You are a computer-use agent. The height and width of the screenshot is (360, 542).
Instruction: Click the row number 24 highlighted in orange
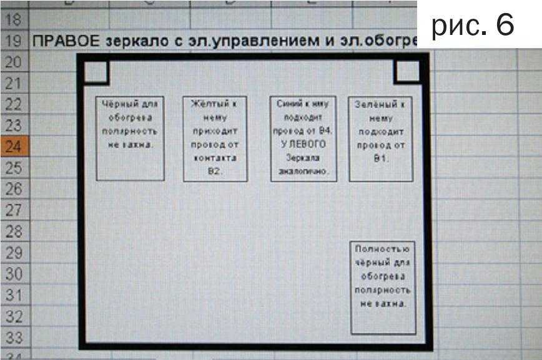click(13, 147)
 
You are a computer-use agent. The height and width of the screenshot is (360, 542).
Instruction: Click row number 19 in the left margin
click(13, 42)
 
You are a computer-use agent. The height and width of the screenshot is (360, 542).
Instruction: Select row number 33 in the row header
click(13, 338)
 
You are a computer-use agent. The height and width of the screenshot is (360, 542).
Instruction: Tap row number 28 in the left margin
click(13, 232)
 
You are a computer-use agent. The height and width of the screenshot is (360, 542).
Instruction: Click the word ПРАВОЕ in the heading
click(59, 42)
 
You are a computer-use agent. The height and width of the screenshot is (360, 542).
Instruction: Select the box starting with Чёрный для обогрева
click(130, 138)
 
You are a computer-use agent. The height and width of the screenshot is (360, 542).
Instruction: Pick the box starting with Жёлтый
click(215, 138)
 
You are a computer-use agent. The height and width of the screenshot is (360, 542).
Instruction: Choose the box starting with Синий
click(304, 138)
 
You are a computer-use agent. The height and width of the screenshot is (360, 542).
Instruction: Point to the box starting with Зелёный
click(382, 138)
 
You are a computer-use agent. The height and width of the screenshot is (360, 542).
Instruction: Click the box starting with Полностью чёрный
click(383, 286)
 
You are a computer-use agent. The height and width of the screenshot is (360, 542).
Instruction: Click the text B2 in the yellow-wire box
click(215, 171)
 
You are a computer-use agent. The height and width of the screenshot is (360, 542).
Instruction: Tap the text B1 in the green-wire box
click(382, 158)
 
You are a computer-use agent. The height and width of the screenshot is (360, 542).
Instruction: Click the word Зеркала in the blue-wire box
click(304, 158)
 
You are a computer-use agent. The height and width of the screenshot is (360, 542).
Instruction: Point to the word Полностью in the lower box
click(383, 249)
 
